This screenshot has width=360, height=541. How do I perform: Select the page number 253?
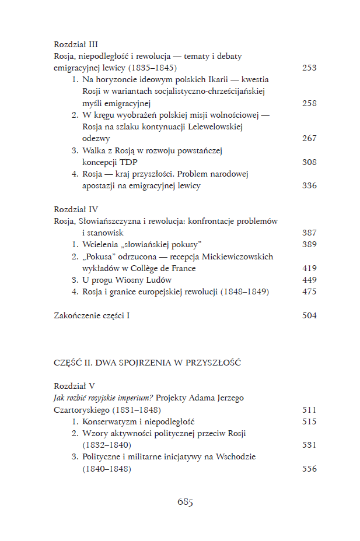(x=309, y=68)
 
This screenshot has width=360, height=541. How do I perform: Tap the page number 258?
(x=309, y=103)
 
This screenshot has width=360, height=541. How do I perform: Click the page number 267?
(x=309, y=138)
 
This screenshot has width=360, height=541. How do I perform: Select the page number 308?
(x=309, y=162)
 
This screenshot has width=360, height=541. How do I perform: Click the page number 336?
(x=309, y=185)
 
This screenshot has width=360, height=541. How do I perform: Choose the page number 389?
(x=309, y=244)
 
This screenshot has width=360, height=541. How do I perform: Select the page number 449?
(x=309, y=280)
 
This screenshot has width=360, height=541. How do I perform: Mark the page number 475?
(x=309, y=291)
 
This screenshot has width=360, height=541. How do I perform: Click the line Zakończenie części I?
(x=92, y=315)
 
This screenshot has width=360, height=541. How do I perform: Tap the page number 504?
(x=309, y=315)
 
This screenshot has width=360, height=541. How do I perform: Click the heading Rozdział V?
(x=75, y=386)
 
